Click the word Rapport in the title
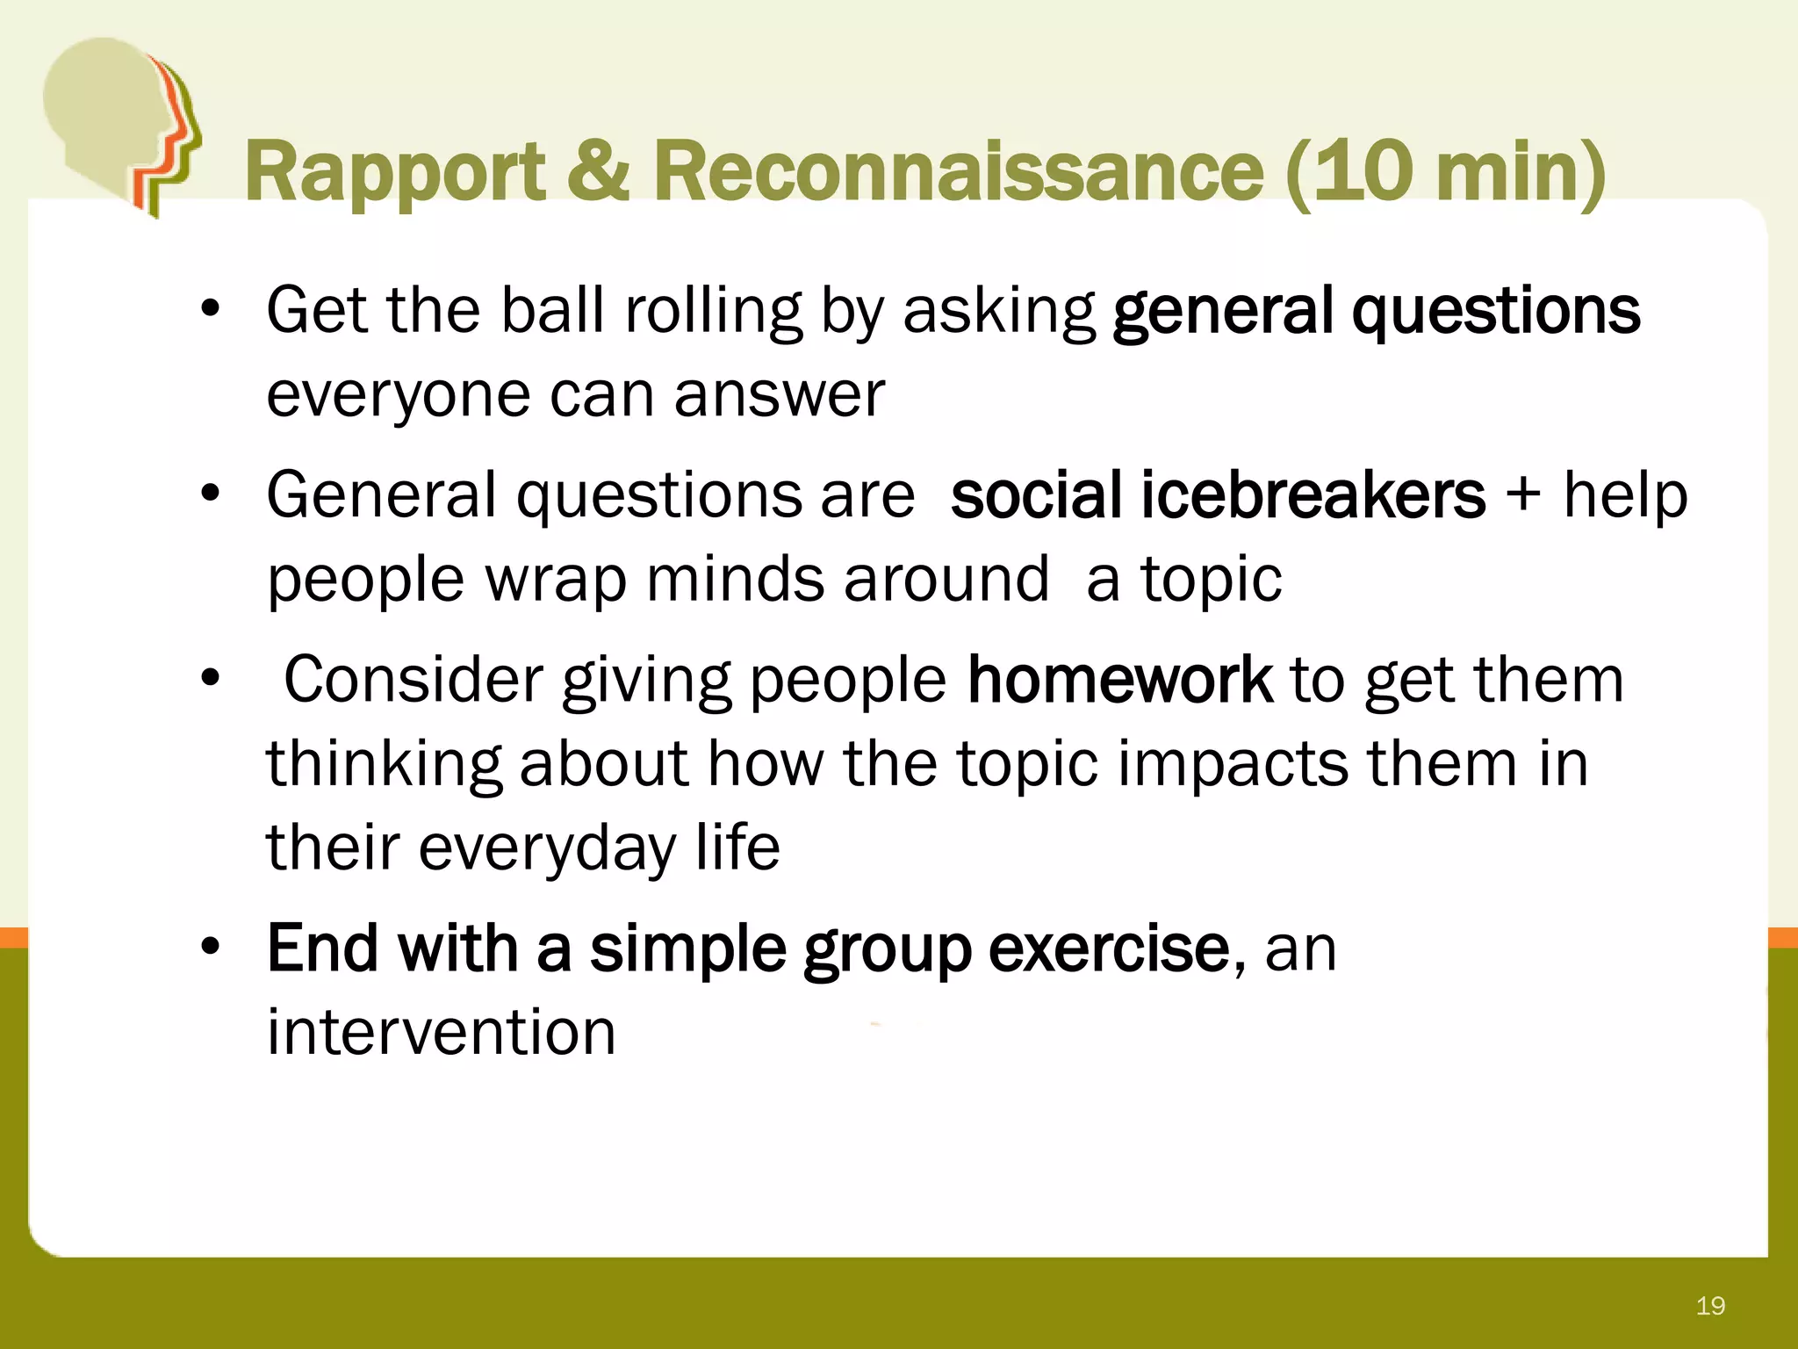click(x=394, y=174)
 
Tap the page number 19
click(x=1710, y=1306)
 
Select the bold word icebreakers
click(x=1313, y=495)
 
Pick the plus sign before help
click(x=1523, y=494)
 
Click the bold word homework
click(x=1119, y=680)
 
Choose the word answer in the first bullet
click(x=780, y=395)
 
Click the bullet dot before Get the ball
click(x=210, y=310)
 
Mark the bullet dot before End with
click(x=210, y=949)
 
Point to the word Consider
click(x=413, y=680)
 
